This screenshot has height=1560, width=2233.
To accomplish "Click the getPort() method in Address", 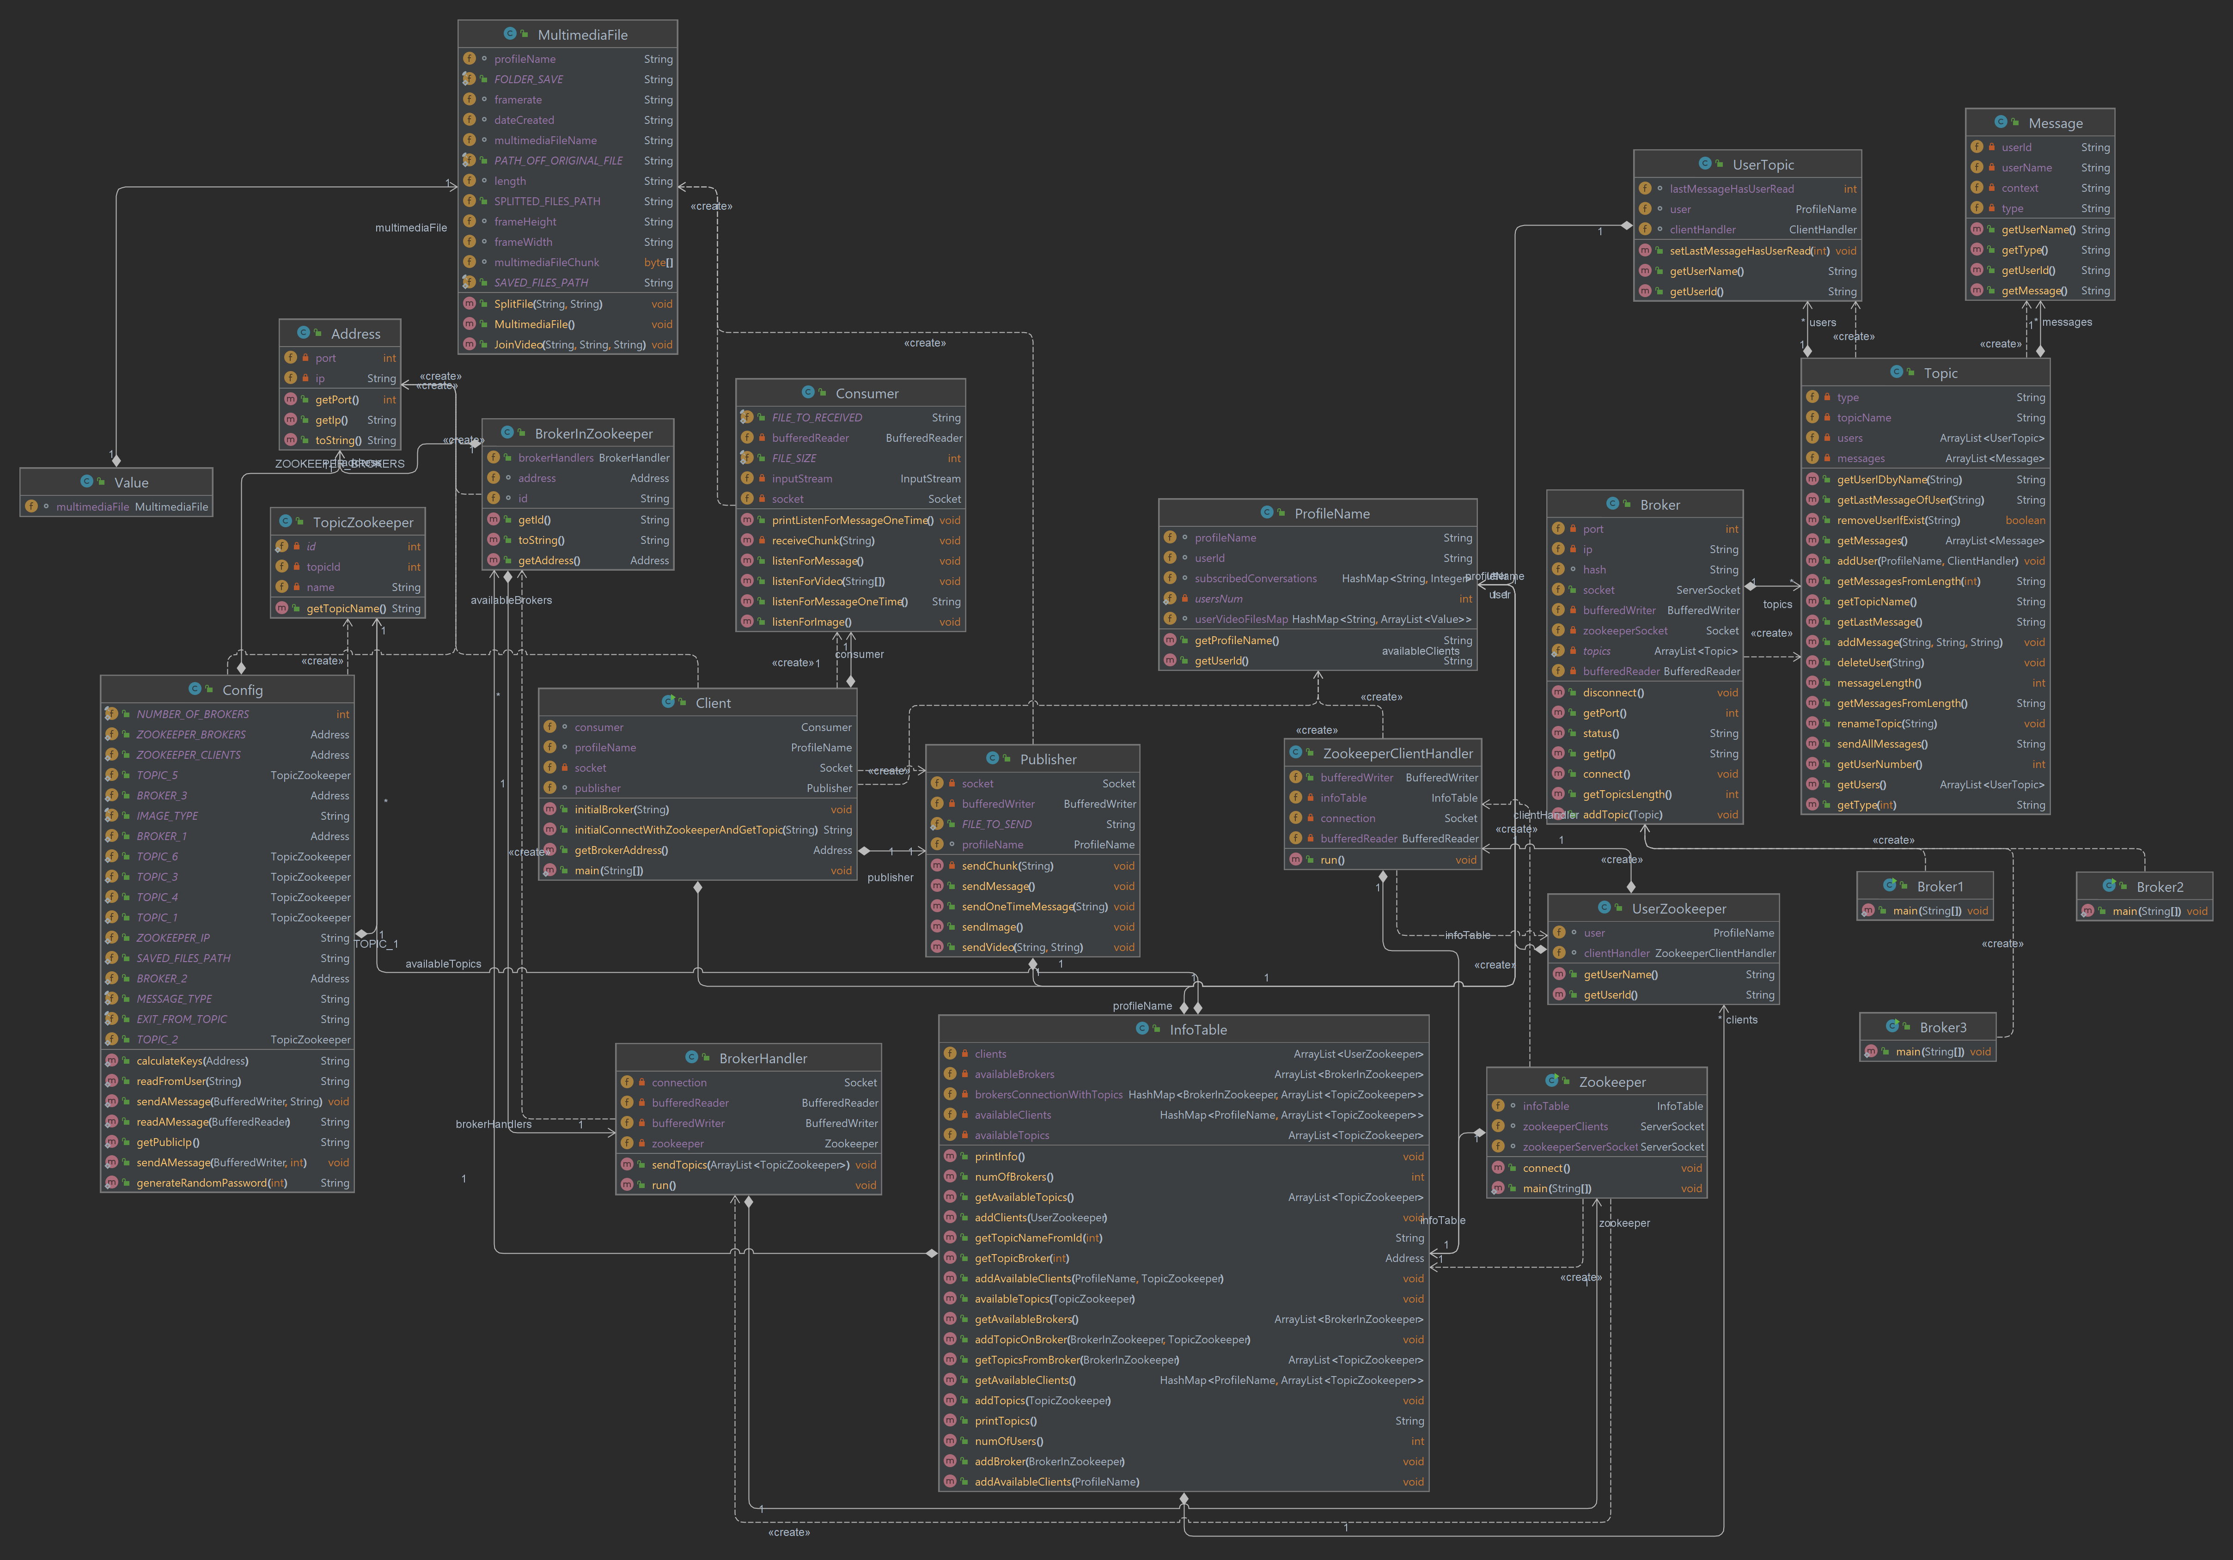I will point(336,400).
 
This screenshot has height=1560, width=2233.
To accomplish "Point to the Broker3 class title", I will point(1942,1028).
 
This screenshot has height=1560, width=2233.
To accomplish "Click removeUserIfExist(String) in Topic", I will point(1897,520).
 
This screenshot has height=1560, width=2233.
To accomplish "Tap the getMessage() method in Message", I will point(2034,291).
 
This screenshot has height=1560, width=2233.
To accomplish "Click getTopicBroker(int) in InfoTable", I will point(1021,1259).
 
